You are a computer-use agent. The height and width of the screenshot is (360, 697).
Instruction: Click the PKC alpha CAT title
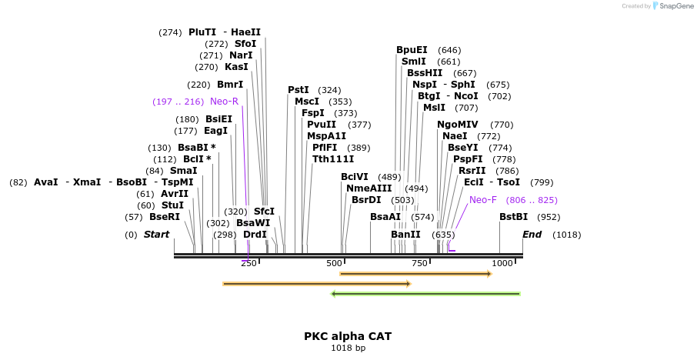(348, 336)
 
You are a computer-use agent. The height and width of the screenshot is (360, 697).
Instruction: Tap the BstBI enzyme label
(514, 217)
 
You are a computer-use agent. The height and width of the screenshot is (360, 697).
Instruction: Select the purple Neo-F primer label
(482, 200)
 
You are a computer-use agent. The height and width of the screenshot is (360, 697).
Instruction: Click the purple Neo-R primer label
(224, 102)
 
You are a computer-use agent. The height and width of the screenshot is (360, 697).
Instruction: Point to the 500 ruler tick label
(333, 264)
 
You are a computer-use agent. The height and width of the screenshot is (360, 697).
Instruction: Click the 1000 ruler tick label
(502, 264)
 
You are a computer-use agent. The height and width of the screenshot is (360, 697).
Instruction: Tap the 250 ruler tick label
(248, 264)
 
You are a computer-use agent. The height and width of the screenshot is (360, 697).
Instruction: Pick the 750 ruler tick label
(419, 264)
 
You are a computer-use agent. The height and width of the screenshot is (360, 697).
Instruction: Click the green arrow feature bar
(425, 294)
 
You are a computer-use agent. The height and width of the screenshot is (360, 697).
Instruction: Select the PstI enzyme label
(298, 90)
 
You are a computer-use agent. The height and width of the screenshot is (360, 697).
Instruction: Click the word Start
(156, 234)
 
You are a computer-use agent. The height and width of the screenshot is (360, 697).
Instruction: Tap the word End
(532, 234)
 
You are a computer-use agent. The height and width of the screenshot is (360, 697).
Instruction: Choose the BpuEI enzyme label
(412, 50)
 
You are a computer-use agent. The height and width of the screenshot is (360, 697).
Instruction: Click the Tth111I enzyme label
(333, 159)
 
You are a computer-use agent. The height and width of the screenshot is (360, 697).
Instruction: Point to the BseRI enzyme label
(165, 217)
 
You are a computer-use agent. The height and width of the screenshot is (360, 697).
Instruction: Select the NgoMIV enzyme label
(458, 125)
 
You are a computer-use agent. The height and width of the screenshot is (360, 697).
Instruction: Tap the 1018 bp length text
(348, 348)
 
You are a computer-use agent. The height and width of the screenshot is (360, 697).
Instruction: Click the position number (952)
(549, 217)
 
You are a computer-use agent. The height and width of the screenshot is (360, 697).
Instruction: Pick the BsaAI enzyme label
(385, 217)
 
